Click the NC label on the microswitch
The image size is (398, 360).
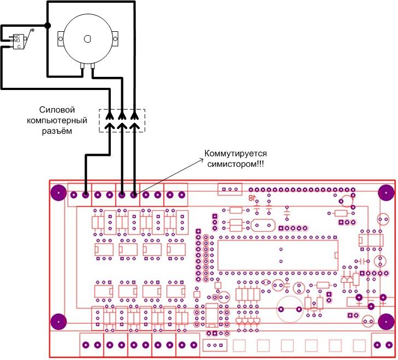coord(16,36)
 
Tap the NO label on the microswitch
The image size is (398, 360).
coord(16,41)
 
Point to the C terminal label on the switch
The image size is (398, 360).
coord(19,47)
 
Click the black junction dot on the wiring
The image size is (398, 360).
coord(48,26)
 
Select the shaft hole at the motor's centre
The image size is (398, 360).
coord(87,38)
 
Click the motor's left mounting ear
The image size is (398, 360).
coord(60,38)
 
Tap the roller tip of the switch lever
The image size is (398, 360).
coord(32,30)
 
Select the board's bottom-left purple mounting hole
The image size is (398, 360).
coord(58,322)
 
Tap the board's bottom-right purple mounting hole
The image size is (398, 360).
coord(385,322)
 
